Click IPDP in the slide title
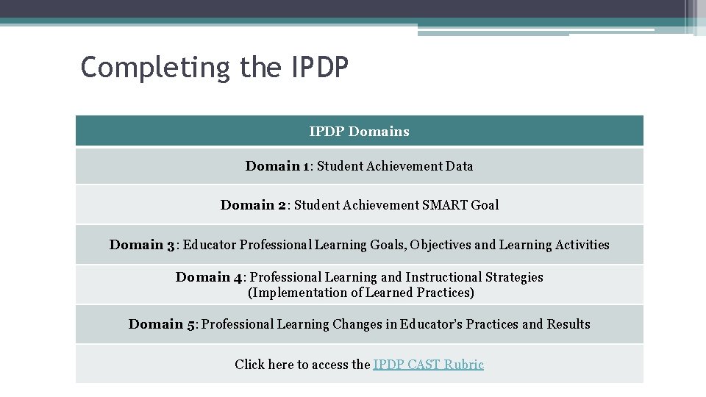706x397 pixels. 321,67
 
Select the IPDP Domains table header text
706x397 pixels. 359,132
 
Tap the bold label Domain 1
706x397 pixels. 277,166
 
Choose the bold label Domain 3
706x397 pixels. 143,245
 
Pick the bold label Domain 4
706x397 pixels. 209,277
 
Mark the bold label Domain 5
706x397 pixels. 162,324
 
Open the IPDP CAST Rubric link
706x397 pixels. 428,364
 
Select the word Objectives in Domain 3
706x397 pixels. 441,245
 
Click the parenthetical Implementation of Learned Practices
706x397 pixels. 360,293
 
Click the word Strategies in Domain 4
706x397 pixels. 514,277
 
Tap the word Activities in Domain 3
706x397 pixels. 580,245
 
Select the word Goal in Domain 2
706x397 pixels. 485,205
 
